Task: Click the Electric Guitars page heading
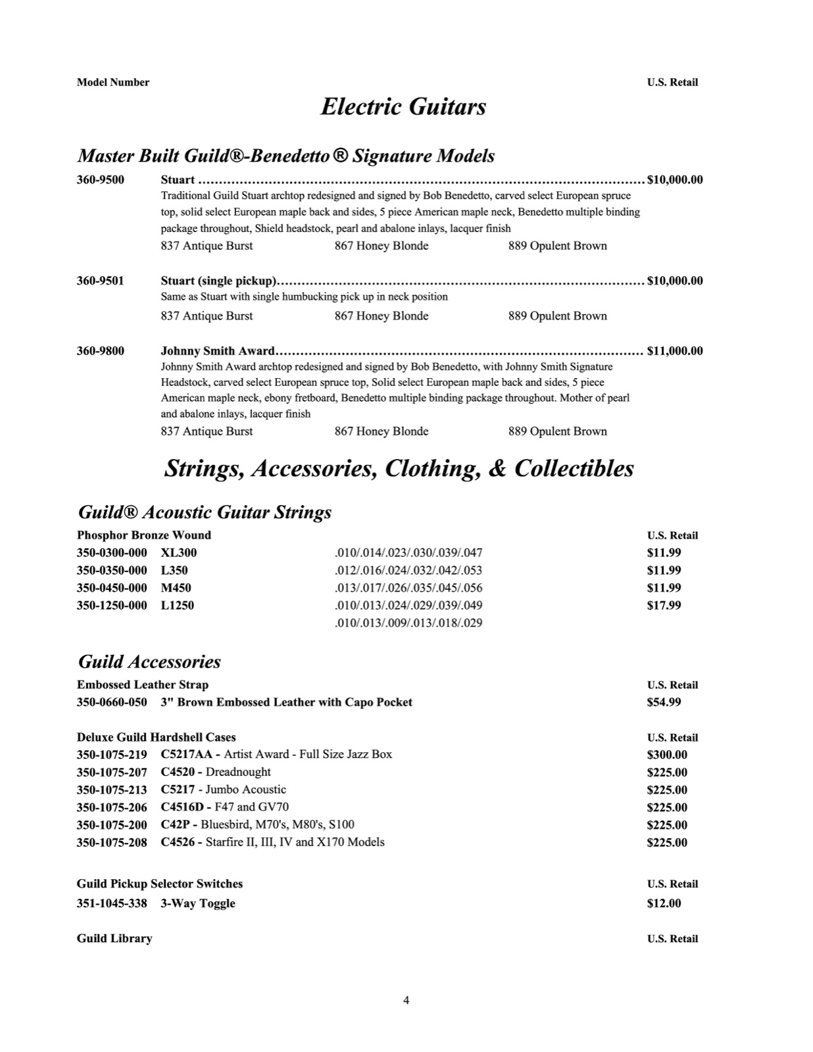pyautogui.click(x=403, y=107)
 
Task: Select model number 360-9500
pyautogui.click(x=100, y=179)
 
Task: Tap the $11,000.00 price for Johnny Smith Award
pyautogui.click(x=675, y=351)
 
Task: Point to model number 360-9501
pyautogui.click(x=100, y=281)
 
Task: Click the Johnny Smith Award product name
pyautogui.click(x=218, y=351)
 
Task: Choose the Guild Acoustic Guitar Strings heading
pyautogui.click(x=205, y=512)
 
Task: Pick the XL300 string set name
pyautogui.click(x=179, y=553)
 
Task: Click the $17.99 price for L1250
pyautogui.click(x=664, y=606)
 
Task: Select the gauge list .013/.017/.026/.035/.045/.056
pyautogui.click(x=408, y=588)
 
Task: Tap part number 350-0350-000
pyautogui.click(x=112, y=571)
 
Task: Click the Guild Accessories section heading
pyautogui.click(x=149, y=661)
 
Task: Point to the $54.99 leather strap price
pyautogui.click(x=664, y=702)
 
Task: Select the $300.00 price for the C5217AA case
pyautogui.click(x=667, y=755)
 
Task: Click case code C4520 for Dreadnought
pyautogui.click(x=178, y=773)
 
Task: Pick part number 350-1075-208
pyautogui.click(x=112, y=842)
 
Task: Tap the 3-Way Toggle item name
pyautogui.click(x=198, y=903)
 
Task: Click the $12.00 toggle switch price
pyautogui.click(x=664, y=903)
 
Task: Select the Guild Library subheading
pyautogui.click(x=114, y=939)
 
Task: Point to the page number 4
pyautogui.click(x=406, y=1001)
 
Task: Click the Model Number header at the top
pyautogui.click(x=113, y=82)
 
